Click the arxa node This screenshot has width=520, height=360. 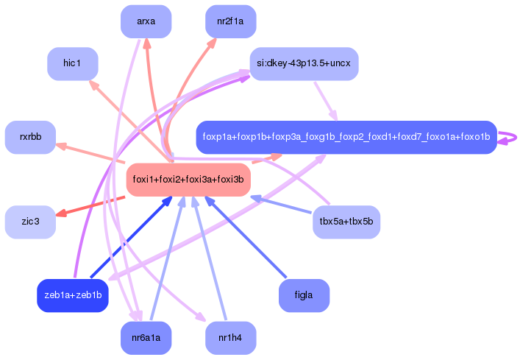[146, 21]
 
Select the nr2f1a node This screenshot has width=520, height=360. [230, 21]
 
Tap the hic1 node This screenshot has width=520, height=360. [72, 64]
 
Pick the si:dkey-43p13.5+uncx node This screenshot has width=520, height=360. [304, 64]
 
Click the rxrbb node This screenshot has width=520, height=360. [30, 137]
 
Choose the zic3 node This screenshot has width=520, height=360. [30, 222]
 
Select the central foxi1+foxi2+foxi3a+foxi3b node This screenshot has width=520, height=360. [188, 180]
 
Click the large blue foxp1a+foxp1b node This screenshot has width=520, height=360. [346, 137]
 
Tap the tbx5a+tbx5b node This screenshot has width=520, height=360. [346, 222]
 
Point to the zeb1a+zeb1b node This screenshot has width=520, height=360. [72, 295]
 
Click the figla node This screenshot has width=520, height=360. [304, 295]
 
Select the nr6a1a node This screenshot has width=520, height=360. [146, 338]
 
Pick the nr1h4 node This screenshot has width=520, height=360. [230, 338]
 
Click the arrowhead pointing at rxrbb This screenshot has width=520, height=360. [62, 146]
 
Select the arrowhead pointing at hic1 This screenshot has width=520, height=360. [93, 85]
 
